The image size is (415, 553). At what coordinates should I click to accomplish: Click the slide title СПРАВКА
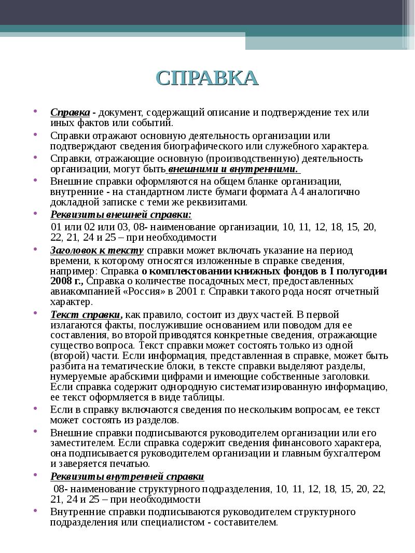[x=207, y=78]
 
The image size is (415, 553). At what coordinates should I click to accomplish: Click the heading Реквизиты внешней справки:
[x=121, y=215]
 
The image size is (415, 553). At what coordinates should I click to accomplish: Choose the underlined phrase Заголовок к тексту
[x=97, y=250]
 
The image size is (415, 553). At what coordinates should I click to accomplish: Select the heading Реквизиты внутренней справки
[x=127, y=476]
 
